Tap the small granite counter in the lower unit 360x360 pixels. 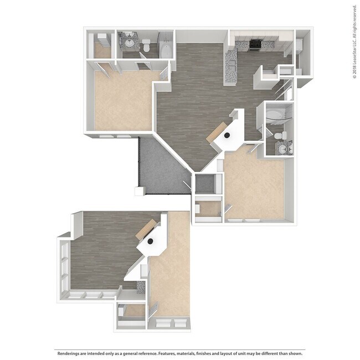pos(140,287)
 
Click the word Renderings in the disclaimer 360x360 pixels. pos(71,352)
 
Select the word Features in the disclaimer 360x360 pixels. pos(171,352)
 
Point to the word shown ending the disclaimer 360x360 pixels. pos(298,352)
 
